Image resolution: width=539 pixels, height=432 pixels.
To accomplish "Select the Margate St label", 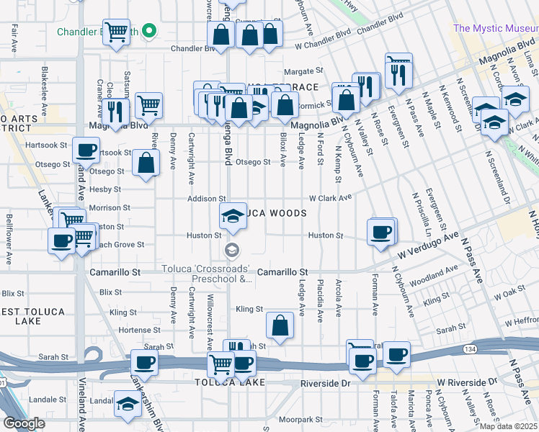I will pyautogui.click(x=303, y=71).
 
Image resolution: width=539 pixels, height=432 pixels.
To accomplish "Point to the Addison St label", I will pyautogui.click(x=207, y=198).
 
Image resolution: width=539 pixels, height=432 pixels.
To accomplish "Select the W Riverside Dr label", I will pyautogui.click(x=468, y=381).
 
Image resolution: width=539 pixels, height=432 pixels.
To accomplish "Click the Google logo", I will pyautogui.click(x=24, y=423).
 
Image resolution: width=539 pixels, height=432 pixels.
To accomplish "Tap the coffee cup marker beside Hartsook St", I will pyautogui.click(x=86, y=151).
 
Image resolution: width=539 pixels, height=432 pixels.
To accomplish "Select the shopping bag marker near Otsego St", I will pyautogui.click(x=146, y=163).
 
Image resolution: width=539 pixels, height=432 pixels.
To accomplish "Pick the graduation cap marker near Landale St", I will pyautogui.click(x=128, y=405).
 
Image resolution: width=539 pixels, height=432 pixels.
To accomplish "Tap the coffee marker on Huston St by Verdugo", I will pyautogui.click(x=380, y=232).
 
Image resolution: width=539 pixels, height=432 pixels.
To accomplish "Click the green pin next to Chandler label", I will pyautogui.click(x=149, y=31).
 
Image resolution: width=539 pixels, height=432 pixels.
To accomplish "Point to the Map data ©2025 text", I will pyautogui.click(x=509, y=426).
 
